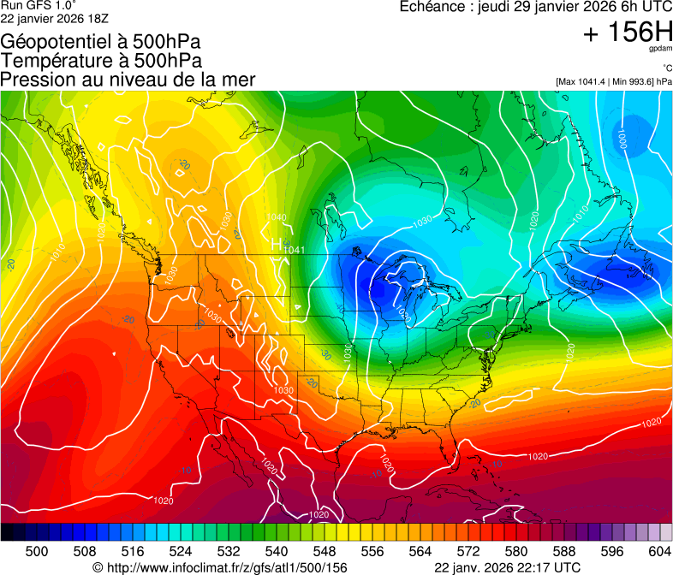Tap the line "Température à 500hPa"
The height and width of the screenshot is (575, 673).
(101, 61)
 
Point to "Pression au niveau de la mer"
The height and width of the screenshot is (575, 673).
(128, 80)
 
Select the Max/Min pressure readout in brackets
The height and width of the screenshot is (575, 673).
(613, 82)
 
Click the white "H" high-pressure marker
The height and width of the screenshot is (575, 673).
(277, 245)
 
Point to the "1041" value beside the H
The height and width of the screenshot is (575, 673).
(295, 250)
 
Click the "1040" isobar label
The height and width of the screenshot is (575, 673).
(277, 217)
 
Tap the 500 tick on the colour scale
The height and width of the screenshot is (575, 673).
(37, 552)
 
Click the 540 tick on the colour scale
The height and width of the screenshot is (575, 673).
(277, 552)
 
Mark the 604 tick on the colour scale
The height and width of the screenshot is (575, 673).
(659, 552)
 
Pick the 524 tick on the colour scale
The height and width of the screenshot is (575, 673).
(181, 552)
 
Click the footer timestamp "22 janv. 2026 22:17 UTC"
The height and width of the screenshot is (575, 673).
(507, 567)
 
